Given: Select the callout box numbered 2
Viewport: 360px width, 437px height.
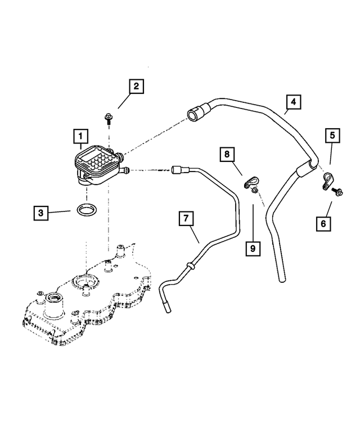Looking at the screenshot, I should coord(136,87).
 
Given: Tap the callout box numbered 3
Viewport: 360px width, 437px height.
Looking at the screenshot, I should coord(40,213).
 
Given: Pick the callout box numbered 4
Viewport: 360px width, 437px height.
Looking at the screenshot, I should coord(292,102).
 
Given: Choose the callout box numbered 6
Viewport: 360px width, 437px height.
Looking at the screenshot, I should coord(323,223).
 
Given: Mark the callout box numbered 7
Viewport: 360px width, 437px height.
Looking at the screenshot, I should coord(187,218).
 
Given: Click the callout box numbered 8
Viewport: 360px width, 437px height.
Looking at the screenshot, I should coord(227,154).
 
